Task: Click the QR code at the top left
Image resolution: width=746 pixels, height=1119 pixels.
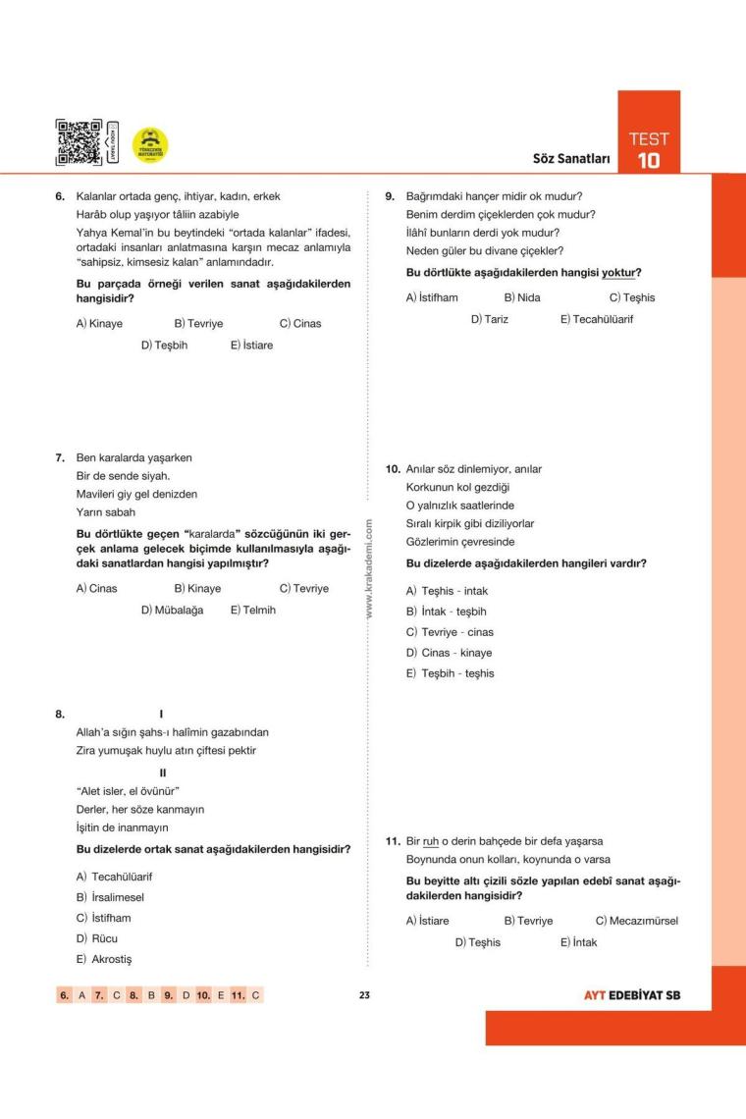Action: pyautogui.click(x=78, y=142)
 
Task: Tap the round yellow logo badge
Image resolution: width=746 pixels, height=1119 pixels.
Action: pyautogui.click(x=150, y=145)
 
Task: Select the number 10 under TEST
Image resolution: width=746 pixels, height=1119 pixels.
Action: pyautogui.click(x=648, y=160)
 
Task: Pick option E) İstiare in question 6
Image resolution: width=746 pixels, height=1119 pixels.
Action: pyautogui.click(x=252, y=346)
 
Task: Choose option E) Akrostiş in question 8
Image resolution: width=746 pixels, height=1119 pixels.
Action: pyautogui.click(x=106, y=959)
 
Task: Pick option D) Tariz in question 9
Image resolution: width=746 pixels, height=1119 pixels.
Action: pyautogui.click(x=490, y=319)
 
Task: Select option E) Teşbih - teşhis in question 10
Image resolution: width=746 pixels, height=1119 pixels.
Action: pyautogui.click(x=451, y=673)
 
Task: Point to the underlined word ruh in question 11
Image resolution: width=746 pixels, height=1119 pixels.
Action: pyautogui.click(x=431, y=841)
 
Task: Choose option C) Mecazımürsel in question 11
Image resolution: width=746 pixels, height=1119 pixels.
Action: pyautogui.click(x=636, y=921)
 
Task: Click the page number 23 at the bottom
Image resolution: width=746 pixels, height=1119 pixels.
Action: pyautogui.click(x=364, y=995)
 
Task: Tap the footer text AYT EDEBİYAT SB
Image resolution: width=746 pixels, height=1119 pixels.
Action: pyautogui.click(x=632, y=995)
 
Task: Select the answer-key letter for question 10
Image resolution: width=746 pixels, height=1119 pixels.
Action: pyautogui.click(x=221, y=995)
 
